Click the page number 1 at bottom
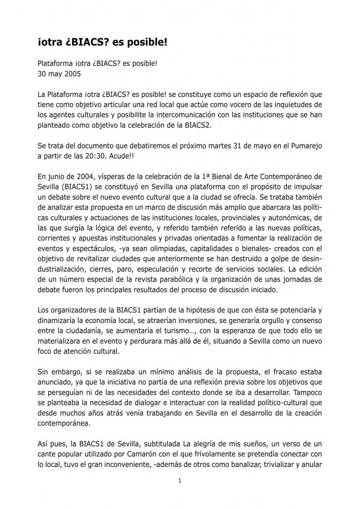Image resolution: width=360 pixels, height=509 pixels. (180, 481)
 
